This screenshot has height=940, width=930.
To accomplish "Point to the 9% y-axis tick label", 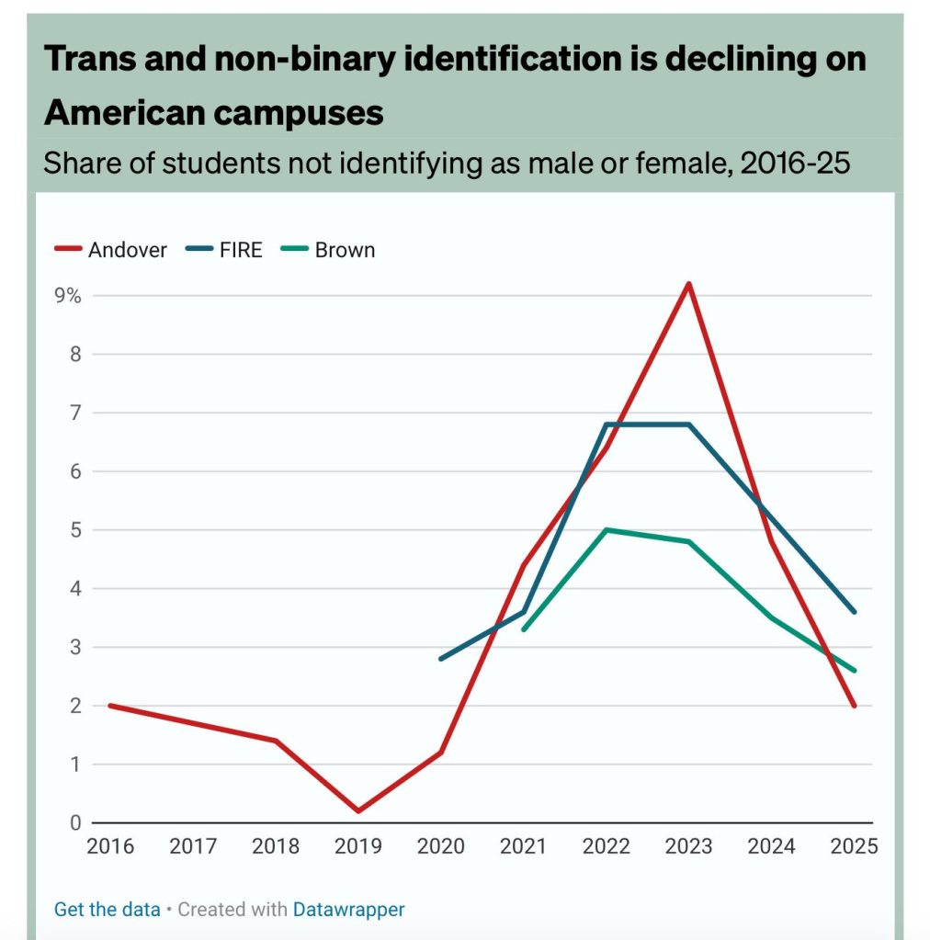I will click(68, 296).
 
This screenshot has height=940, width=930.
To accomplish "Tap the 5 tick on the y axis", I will click(75, 530).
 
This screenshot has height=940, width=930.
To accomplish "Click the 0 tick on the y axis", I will click(75, 823).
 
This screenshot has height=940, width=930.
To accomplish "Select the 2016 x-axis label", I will click(109, 846).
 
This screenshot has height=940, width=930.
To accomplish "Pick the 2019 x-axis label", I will click(357, 846).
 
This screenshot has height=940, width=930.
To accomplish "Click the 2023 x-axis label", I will click(689, 846).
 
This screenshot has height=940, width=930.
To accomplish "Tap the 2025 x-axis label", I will click(855, 846).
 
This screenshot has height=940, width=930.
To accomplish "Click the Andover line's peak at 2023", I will click(689, 284).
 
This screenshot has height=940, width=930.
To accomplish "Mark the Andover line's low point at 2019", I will click(357, 810).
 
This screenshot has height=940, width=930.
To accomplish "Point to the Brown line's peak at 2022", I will click(607, 530).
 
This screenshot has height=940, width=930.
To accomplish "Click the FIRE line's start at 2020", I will click(441, 659).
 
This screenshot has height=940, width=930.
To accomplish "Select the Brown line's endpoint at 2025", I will click(855, 671).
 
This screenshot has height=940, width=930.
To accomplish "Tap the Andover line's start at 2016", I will click(109, 706).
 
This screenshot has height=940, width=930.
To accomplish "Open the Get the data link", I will click(107, 910).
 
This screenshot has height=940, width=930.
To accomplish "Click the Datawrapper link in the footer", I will click(348, 910).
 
